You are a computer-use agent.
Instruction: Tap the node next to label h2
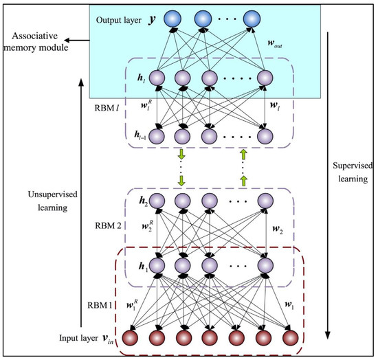[x=156, y=203]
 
